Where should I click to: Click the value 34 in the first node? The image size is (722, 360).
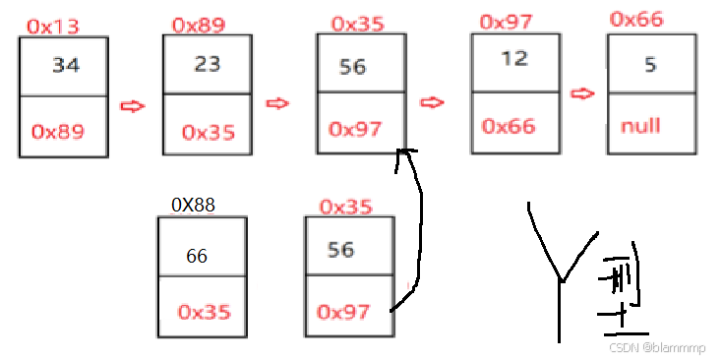click(66, 66)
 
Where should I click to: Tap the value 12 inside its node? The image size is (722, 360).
click(513, 59)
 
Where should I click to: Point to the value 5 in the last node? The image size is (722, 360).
click(649, 65)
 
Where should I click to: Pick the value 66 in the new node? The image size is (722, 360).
click(197, 256)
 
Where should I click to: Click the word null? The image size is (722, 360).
click(640, 126)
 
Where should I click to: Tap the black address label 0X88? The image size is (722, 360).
click(193, 206)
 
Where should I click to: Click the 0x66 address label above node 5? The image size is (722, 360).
click(636, 20)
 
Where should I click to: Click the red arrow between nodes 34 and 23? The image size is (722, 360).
click(132, 106)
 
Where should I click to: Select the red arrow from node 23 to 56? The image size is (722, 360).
click(279, 103)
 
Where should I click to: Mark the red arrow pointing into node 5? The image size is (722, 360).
click(583, 93)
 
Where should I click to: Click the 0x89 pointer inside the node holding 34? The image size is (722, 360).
click(58, 131)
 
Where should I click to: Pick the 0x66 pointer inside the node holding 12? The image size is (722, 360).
click(509, 126)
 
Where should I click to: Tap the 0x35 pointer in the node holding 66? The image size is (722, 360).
click(204, 312)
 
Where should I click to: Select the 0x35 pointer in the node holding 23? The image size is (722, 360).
click(208, 132)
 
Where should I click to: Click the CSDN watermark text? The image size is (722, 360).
click(656, 346)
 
